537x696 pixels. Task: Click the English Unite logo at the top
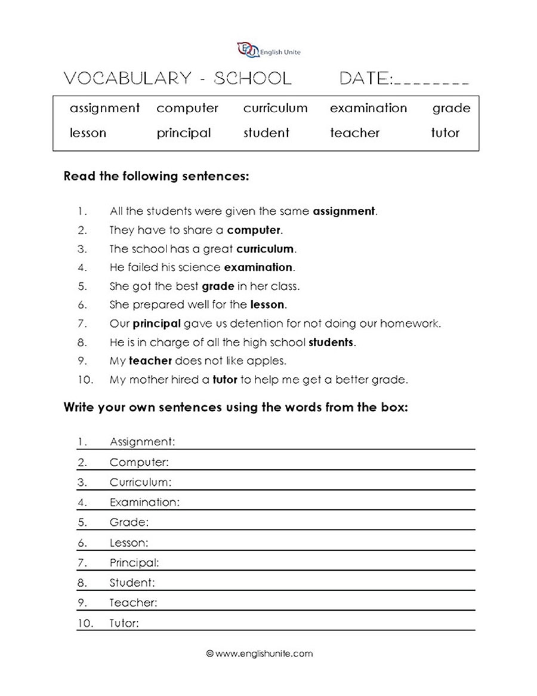[x=268, y=51]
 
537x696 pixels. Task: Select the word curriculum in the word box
[x=275, y=108]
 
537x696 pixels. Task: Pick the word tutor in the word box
[x=445, y=133]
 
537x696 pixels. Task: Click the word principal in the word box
[x=184, y=133]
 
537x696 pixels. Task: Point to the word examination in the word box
[x=368, y=108]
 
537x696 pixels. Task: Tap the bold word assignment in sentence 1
[x=344, y=211]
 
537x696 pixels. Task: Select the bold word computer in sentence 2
[x=254, y=230]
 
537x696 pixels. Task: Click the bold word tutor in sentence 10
[x=224, y=380]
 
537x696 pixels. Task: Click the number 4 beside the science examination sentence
[x=82, y=267]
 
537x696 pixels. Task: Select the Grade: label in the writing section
[x=129, y=522]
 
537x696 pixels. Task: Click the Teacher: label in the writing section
[x=133, y=603]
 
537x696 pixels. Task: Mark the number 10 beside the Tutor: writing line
[x=85, y=623]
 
